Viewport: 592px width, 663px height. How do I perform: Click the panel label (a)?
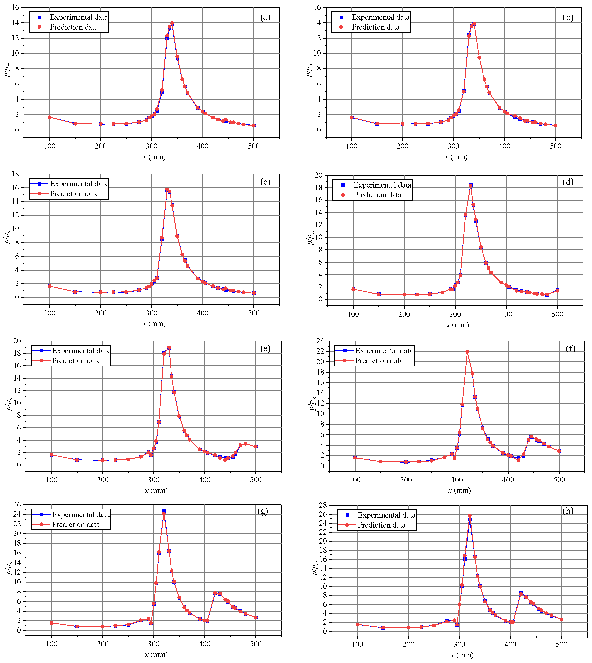pos(265,17)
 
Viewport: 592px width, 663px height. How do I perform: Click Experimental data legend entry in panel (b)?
pos(380,17)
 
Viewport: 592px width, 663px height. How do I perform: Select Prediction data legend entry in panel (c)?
pos(74,194)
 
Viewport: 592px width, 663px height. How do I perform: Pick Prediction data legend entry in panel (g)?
pos(76,524)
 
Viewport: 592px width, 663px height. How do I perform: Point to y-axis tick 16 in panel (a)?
pos(15,8)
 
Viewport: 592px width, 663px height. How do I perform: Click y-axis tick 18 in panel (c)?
pos(15,174)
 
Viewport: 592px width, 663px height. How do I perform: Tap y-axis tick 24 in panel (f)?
pos(320,341)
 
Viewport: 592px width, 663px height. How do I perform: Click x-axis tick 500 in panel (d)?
pos(557,314)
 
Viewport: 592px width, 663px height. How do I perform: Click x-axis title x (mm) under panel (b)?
pos(456,157)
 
